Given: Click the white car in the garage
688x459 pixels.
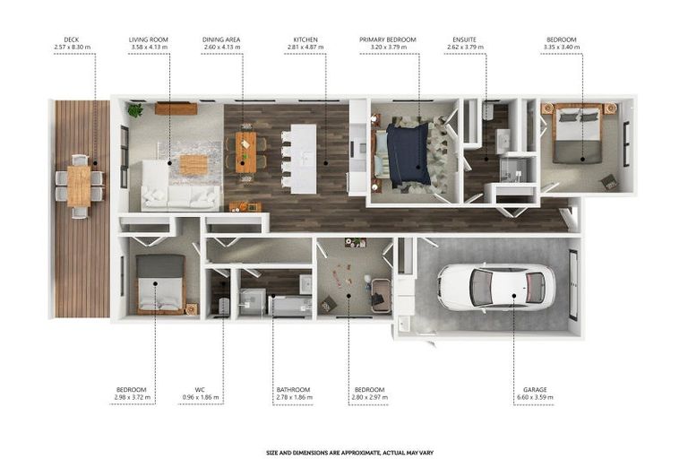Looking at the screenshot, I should (495, 287).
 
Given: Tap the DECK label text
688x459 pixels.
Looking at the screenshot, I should (71, 39).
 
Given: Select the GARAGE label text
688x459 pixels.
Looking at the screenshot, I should (536, 390).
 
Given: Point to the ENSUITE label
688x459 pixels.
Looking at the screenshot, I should (464, 39).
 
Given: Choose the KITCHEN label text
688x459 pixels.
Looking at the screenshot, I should (305, 39).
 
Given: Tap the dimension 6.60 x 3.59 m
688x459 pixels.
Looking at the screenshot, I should (536, 398).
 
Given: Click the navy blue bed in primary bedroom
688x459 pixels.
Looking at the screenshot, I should (408, 153).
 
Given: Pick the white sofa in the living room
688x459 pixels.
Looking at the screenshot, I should (177, 195).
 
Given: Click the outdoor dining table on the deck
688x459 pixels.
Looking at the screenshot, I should (79, 186).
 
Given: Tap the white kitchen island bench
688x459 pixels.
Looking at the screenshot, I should (305, 157).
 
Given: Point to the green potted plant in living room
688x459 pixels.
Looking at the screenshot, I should (134, 111).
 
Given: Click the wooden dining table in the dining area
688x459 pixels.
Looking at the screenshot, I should (246, 151).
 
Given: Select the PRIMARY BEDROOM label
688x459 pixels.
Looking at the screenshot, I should (389, 39).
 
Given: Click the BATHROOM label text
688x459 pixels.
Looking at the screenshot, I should (293, 390).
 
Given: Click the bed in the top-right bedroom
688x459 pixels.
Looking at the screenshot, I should (576, 134).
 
